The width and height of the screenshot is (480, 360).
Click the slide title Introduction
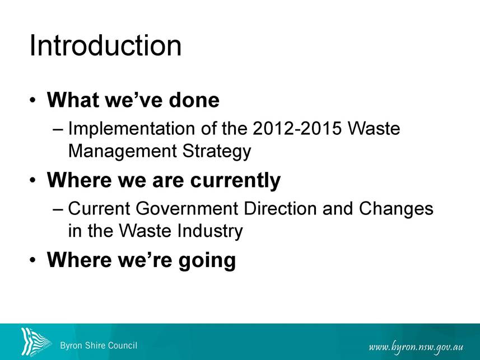(106, 45)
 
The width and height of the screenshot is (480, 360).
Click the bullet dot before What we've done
(32, 100)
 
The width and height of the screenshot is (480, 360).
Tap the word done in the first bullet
(194, 100)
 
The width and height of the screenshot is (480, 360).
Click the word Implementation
(131, 129)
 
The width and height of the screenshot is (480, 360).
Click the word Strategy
(217, 152)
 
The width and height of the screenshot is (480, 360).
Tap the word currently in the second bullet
(235, 180)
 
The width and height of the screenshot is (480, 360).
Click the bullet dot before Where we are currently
(32, 180)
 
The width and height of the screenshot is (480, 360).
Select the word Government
(187, 208)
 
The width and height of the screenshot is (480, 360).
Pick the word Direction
(280, 208)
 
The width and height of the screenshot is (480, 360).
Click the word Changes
(396, 209)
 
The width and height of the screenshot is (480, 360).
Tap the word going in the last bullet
(207, 260)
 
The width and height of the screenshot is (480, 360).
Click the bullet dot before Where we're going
(32, 260)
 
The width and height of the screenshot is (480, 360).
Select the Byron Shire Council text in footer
(99, 345)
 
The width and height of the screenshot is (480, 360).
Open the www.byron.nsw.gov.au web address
(416, 348)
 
